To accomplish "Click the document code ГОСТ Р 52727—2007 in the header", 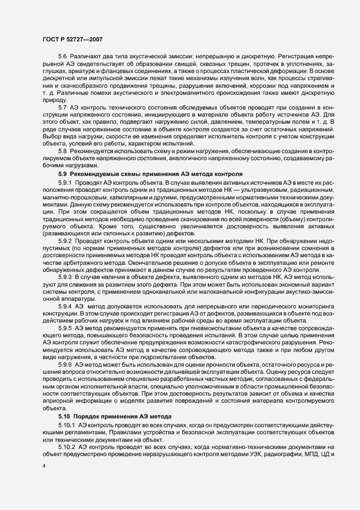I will (x=71, y=39).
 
